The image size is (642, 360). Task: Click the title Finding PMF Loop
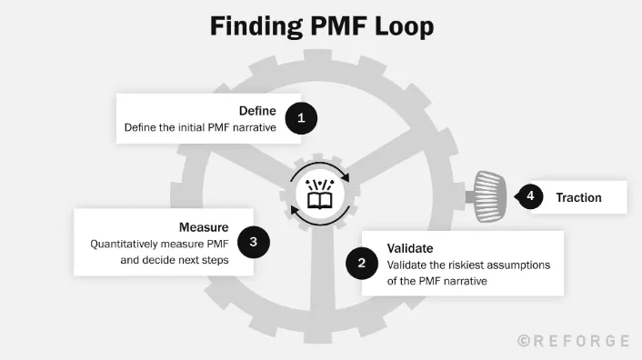pyautogui.click(x=322, y=25)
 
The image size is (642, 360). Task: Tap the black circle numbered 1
pyautogui.click(x=300, y=117)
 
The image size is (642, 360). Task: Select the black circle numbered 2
pyautogui.click(x=361, y=264)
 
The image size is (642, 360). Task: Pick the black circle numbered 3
pyautogui.click(x=253, y=242)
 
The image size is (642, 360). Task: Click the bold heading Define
pyautogui.click(x=257, y=111)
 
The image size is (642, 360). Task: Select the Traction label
pyautogui.click(x=578, y=197)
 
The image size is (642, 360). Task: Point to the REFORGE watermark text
pyautogui.click(x=581, y=341)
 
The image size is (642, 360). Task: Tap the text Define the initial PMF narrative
pyautogui.click(x=200, y=128)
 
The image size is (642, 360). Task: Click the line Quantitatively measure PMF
pyautogui.click(x=159, y=244)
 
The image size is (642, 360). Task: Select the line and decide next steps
pyautogui.click(x=174, y=260)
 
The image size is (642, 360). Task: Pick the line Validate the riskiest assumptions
pyautogui.click(x=469, y=265)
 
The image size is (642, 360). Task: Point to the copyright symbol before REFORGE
pyautogui.click(x=524, y=341)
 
